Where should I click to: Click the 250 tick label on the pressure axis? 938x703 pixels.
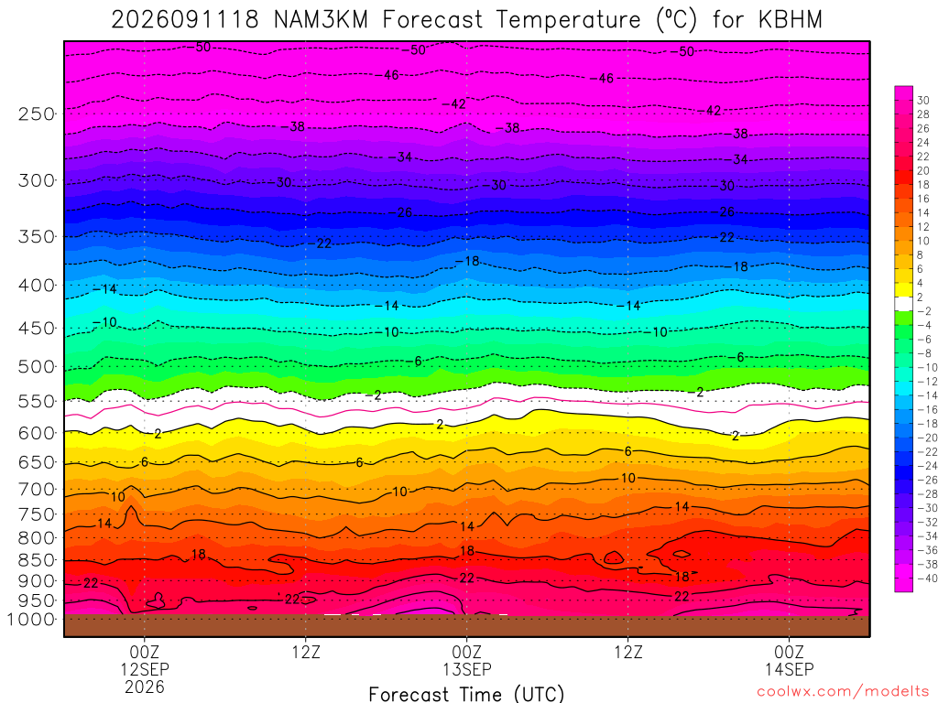click(x=36, y=114)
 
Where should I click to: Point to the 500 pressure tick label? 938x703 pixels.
click(x=36, y=366)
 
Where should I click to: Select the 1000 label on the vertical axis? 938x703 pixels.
click(x=31, y=620)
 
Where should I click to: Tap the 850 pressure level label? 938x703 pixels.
click(x=36, y=560)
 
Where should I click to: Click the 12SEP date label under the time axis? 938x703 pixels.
click(x=145, y=669)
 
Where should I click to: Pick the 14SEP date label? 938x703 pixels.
click(x=789, y=669)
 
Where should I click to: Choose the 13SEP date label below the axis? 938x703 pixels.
click(x=467, y=669)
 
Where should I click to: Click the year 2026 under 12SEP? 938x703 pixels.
click(x=145, y=687)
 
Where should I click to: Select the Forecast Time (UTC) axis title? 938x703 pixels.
click(x=466, y=694)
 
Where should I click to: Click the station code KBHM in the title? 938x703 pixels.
click(x=791, y=20)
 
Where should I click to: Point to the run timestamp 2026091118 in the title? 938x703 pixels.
click(x=185, y=20)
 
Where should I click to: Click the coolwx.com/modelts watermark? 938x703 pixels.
click(x=843, y=692)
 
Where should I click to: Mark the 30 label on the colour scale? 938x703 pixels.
click(x=923, y=101)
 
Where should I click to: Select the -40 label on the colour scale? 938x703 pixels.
click(x=927, y=579)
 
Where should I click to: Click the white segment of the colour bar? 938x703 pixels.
click(x=903, y=304)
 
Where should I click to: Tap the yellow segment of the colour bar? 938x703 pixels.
click(x=903, y=290)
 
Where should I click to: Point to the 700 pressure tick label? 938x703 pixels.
click(x=36, y=490)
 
